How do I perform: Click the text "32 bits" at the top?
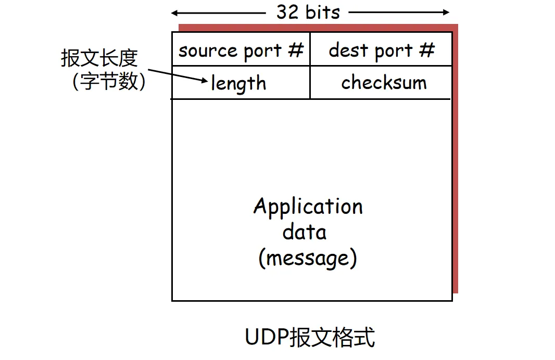pyautogui.click(x=308, y=12)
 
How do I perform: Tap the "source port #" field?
pyautogui.click(x=241, y=50)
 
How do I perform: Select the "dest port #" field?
pyautogui.click(x=381, y=50)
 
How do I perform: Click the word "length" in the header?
pyautogui.click(x=238, y=83)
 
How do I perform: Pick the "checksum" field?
pyautogui.click(x=384, y=83)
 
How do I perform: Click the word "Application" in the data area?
pyautogui.click(x=308, y=207)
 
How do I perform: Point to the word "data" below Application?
pyautogui.click(x=305, y=232)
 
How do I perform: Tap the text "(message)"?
pyautogui.click(x=308, y=258)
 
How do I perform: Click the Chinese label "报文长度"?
pyautogui.click(x=99, y=58)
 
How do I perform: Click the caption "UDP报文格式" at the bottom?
pyautogui.click(x=310, y=337)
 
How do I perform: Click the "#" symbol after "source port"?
pyautogui.click(x=295, y=50)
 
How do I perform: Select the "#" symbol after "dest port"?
pyautogui.click(x=427, y=50)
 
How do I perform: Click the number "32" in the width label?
pyautogui.click(x=287, y=12)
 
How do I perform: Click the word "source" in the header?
pyautogui.click(x=200, y=51)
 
